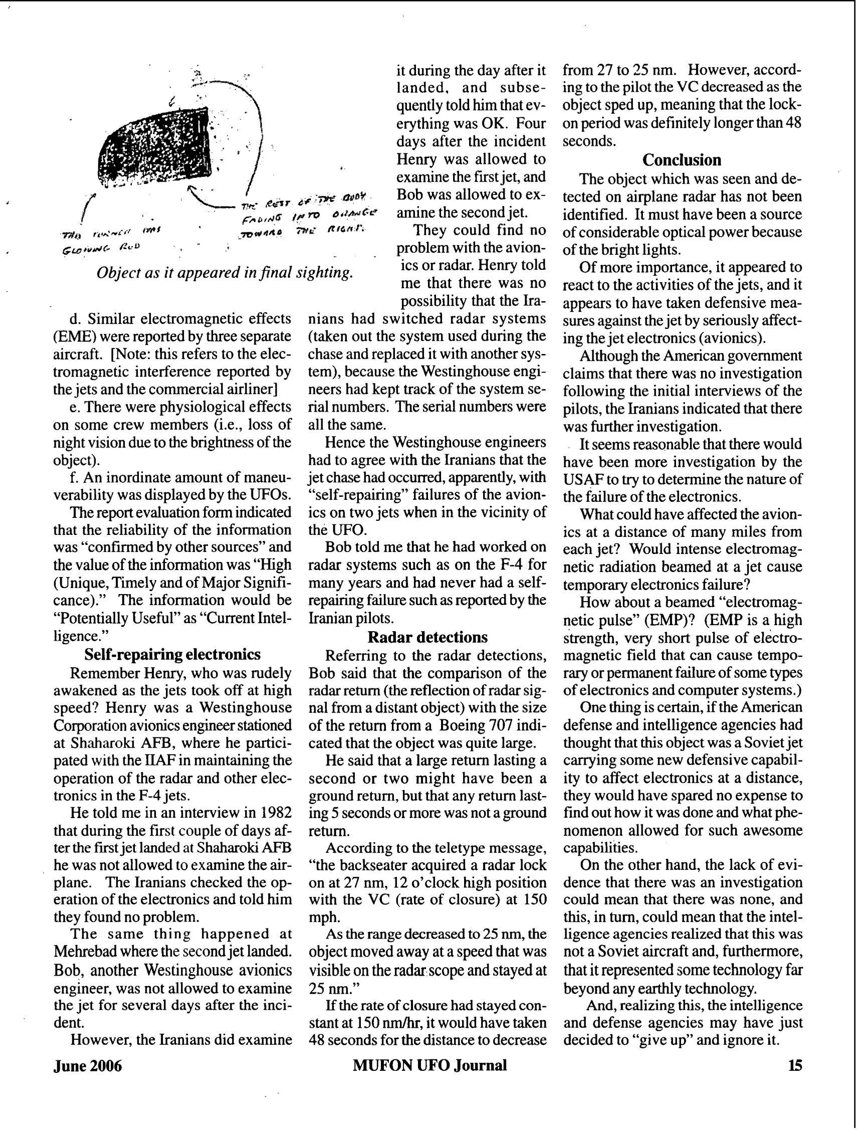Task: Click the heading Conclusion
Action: (681, 160)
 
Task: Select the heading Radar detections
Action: (427, 637)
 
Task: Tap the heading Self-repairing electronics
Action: (172, 654)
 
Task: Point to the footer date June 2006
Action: (87, 1066)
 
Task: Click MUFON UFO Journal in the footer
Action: (430, 1065)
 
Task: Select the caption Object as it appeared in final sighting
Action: (225, 272)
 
